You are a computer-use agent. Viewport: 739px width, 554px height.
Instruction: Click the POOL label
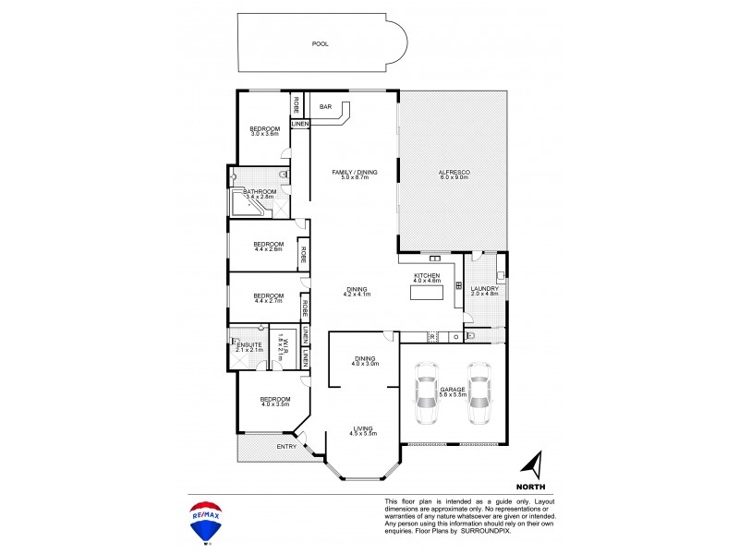click(x=320, y=43)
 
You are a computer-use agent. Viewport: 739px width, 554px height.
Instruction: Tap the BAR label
click(x=325, y=107)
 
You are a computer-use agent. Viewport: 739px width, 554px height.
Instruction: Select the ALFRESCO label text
click(x=454, y=171)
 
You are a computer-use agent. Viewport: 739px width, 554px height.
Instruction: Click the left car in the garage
click(x=426, y=395)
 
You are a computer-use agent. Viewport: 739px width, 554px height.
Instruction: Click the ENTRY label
click(x=287, y=448)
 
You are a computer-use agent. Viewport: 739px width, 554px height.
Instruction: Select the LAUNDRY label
click(x=484, y=289)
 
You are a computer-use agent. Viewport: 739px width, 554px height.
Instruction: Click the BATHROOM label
click(x=260, y=191)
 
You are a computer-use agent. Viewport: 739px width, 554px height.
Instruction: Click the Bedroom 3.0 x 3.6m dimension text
click(x=264, y=135)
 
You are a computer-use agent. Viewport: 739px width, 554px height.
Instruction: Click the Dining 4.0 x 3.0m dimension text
click(x=364, y=364)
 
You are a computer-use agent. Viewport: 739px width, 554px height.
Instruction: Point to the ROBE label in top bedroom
click(x=297, y=102)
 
